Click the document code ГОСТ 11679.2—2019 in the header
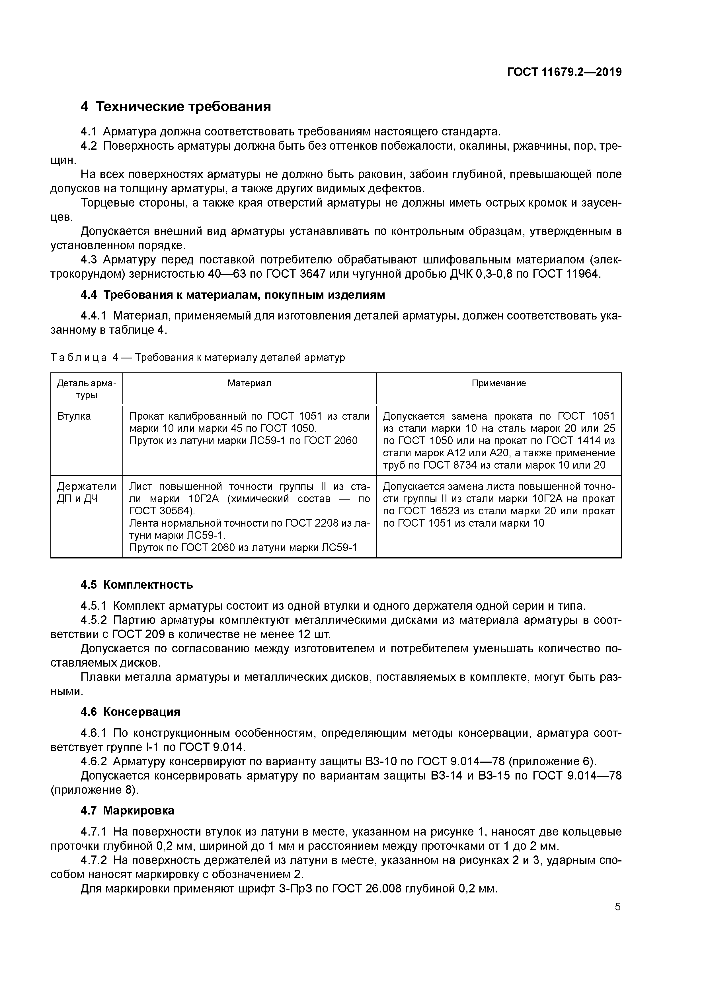[564, 72]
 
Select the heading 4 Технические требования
[176, 106]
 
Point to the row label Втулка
[74, 416]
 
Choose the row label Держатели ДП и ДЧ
[87, 492]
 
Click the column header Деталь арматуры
[87, 389]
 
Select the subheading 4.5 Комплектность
[137, 585]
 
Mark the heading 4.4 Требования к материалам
[233, 295]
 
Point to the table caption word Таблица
[79, 358]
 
